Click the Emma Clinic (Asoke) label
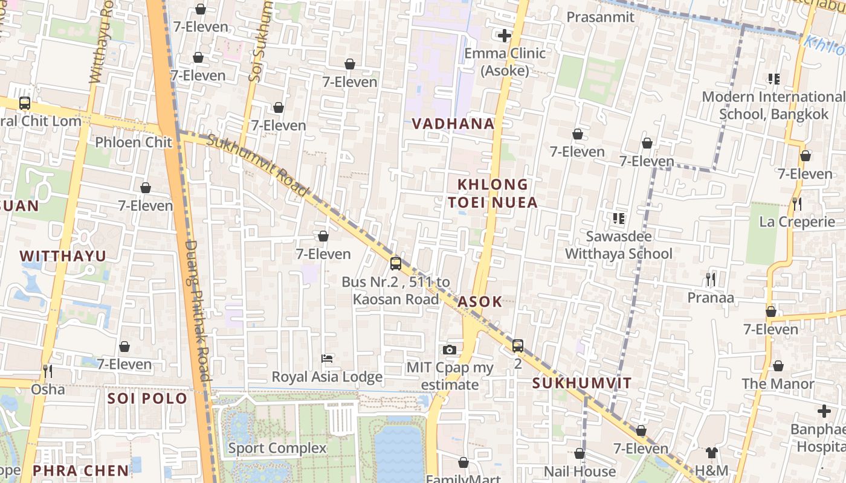(505, 62)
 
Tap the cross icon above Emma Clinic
(505, 36)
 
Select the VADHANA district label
(453, 124)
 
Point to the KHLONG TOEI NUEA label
(492, 193)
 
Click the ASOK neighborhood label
(480, 302)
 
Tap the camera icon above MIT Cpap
(449, 350)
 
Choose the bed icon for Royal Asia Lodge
(327, 359)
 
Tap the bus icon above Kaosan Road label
(396, 263)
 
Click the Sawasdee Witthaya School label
(618, 245)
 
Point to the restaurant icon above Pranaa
(711, 279)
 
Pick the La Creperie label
(797, 222)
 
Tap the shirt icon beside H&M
(711, 452)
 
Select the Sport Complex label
(277, 448)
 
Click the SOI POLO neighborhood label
(147, 398)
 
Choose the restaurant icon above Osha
(48, 371)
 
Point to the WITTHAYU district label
(63, 256)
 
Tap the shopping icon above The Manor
(778, 366)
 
